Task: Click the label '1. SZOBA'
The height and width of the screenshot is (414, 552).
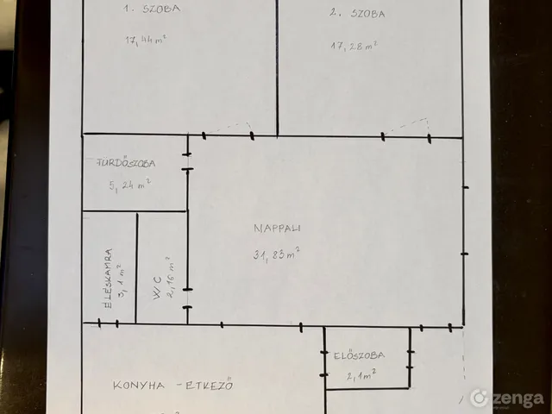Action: (x=152, y=9)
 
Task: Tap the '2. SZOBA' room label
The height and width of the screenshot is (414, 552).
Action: (x=357, y=14)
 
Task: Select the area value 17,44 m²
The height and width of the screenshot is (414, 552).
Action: (x=146, y=40)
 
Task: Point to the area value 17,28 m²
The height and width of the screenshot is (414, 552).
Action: (x=354, y=46)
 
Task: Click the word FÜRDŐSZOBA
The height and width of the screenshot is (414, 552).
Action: (x=126, y=163)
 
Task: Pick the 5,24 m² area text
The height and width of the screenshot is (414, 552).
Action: (x=130, y=185)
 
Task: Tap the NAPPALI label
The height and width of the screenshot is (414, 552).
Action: (x=277, y=228)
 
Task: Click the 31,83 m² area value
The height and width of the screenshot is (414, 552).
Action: (x=276, y=254)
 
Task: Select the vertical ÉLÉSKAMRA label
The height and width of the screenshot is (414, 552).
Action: (x=108, y=279)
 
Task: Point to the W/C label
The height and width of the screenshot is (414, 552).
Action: (x=157, y=288)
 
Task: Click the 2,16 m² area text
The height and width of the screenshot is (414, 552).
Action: (x=171, y=278)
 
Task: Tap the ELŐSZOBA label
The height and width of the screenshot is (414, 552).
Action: (x=359, y=355)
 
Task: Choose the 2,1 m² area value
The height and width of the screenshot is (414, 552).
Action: (x=361, y=375)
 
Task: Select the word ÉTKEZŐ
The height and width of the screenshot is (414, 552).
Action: (x=209, y=384)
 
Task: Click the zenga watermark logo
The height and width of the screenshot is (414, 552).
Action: (x=506, y=398)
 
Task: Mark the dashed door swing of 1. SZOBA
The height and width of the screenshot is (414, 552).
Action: (x=228, y=127)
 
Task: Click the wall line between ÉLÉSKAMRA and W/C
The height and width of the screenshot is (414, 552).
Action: (x=136, y=268)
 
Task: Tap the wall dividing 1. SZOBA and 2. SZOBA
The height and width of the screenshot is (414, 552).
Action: (x=277, y=67)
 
